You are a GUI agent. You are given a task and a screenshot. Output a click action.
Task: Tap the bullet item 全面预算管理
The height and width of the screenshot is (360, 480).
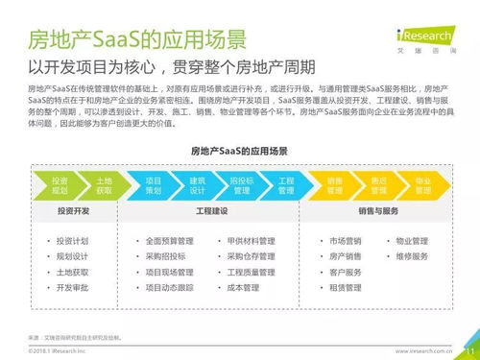[170, 241]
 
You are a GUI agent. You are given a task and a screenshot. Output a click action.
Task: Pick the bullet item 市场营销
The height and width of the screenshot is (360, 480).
[347, 241]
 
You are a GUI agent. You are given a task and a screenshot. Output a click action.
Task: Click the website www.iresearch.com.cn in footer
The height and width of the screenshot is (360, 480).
[426, 351]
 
